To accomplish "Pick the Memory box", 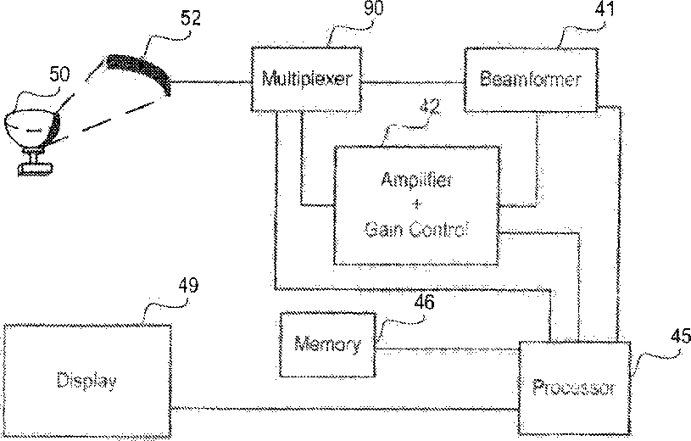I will coord(326,345).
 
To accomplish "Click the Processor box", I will coord(572,388).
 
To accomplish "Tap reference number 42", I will coord(432,108).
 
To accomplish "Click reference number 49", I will coord(188,285).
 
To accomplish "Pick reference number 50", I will coord(59,75).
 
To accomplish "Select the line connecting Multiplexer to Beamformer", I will coord(413,82).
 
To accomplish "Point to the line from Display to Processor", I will coord(343,408).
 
